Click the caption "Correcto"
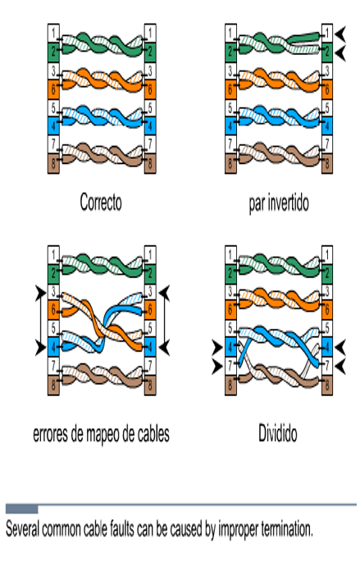click(101, 202)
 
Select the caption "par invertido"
click(279, 203)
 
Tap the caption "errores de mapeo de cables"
click(101, 434)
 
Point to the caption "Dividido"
click(277, 433)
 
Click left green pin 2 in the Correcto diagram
click(53, 52)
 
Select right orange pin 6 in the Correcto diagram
click(150, 89)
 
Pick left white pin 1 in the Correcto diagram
click(53, 34)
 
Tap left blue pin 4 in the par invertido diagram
click(230, 125)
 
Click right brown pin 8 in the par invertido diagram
click(327, 163)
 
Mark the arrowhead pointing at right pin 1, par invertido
click(340, 34)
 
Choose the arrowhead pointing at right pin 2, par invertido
click(340, 53)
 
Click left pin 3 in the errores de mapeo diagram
click(53, 291)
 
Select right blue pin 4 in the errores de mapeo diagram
click(150, 347)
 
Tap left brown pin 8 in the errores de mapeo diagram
click(53, 385)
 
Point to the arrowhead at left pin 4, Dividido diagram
click(217, 348)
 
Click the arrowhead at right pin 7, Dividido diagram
click(340, 367)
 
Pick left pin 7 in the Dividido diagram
click(230, 366)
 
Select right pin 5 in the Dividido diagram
click(327, 328)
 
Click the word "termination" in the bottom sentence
click(286, 529)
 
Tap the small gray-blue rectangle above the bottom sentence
click(21, 508)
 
